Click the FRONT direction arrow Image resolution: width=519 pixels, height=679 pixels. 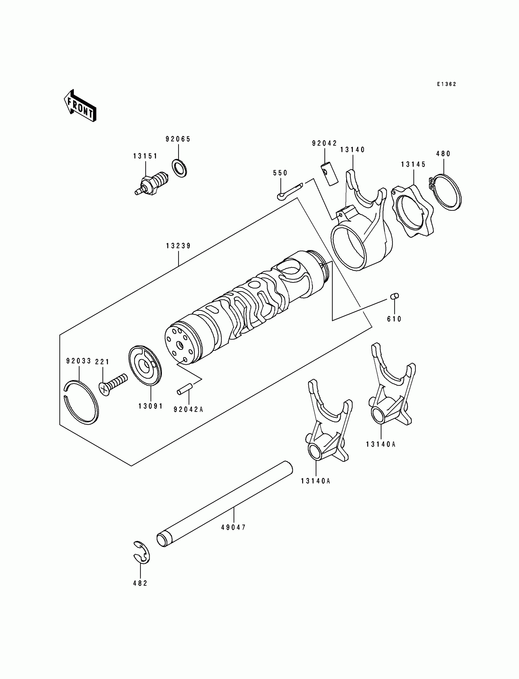coord(80,106)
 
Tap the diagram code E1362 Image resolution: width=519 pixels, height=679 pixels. coord(446,84)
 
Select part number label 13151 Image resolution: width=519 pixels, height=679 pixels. coord(145,156)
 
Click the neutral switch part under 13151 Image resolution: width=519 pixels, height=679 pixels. coord(152,185)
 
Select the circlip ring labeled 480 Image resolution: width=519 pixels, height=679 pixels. coord(447,192)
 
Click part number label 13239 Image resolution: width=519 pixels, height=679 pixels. coord(178,246)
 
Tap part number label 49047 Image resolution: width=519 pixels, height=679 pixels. coord(234,528)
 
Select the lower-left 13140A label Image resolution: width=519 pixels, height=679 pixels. coord(315,481)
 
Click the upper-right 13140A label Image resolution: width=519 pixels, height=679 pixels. coord(381,444)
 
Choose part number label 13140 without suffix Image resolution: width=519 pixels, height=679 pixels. coord(353,150)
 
